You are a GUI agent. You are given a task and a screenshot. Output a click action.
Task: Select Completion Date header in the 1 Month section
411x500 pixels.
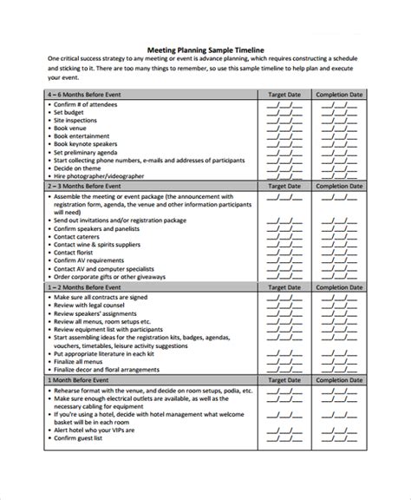[338, 380]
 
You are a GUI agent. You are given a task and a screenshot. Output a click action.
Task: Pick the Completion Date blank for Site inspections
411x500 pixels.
[338, 121]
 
